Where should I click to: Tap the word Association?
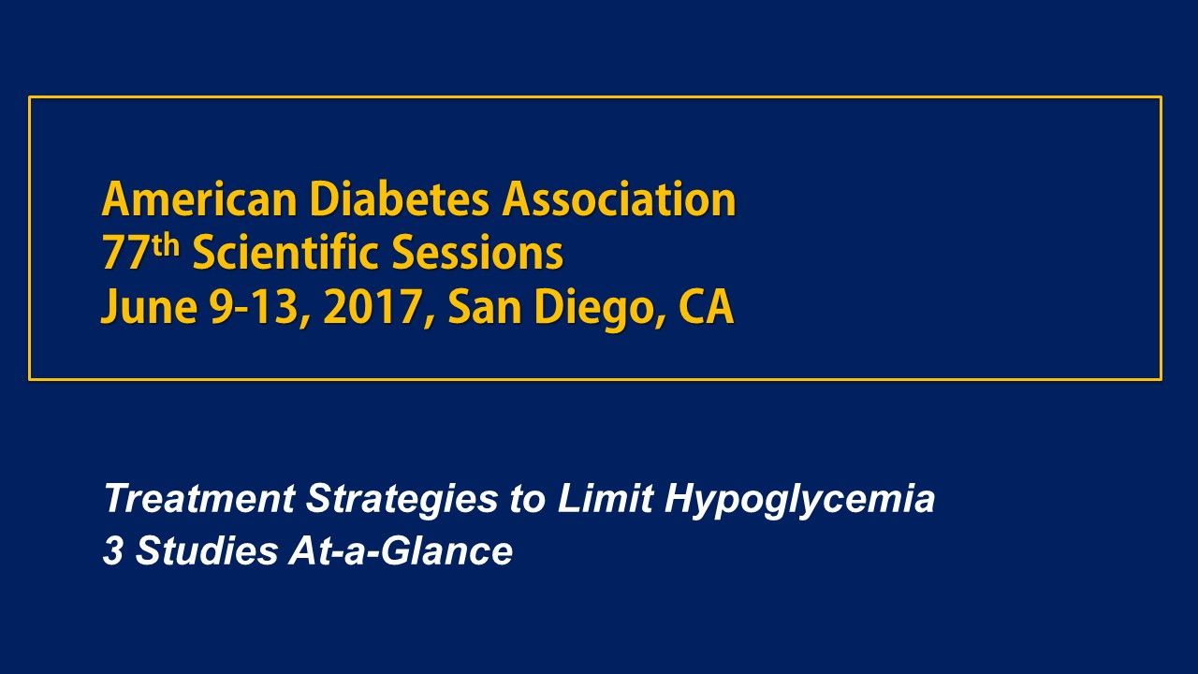pos(621,199)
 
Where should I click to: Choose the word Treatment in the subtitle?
pos(199,499)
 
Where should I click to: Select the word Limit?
pos(605,498)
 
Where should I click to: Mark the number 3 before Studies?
pos(113,551)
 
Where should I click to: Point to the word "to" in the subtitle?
pos(527,499)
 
